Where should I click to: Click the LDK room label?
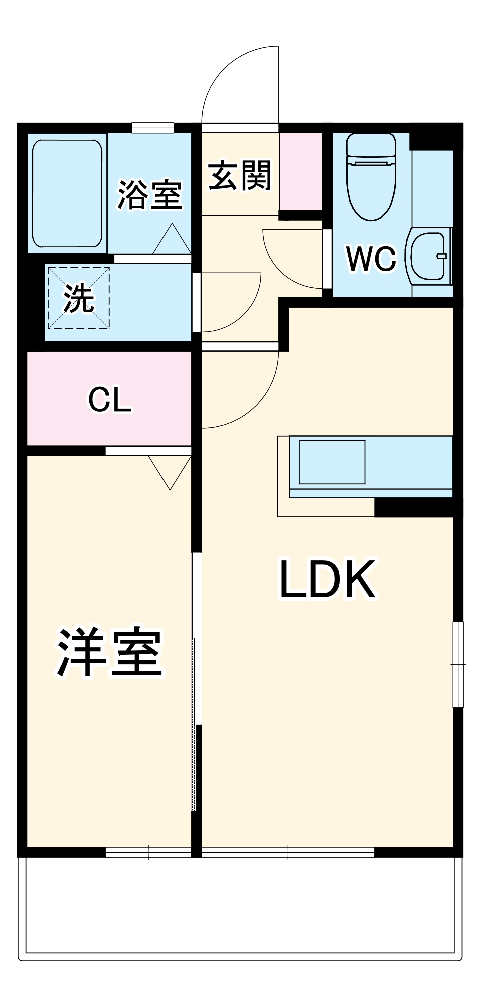327,579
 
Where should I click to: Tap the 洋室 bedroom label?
109,652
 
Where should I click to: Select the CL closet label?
110,400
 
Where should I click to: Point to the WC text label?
371,259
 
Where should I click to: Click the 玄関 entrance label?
240,176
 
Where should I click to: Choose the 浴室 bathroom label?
149,195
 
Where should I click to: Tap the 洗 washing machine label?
78,299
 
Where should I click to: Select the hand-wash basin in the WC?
429,256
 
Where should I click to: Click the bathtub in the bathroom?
67,194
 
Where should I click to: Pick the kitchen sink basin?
332,462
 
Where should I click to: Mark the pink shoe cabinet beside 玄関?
300,172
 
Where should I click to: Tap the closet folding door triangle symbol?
170,471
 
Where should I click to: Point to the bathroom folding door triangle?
172,240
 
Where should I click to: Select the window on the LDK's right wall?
458,664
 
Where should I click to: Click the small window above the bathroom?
153,128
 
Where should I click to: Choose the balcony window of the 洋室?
148,852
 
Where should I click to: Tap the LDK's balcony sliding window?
288,852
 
